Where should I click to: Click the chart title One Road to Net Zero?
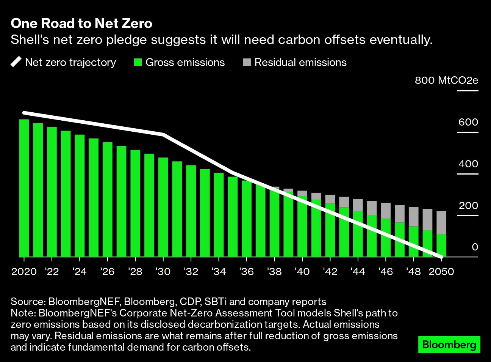click(x=81, y=24)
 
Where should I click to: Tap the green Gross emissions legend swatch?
click(x=138, y=62)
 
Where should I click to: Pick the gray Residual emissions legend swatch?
click(x=247, y=62)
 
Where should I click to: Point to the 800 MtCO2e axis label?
click(x=446, y=80)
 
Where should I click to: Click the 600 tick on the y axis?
click(x=468, y=122)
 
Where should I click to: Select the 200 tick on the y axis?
click(x=468, y=206)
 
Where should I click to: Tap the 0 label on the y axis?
click(x=475, y=247)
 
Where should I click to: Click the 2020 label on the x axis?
click(x=24, y=272)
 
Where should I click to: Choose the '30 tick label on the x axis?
click(x=163, y=272)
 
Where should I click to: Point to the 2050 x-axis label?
click(x=441, y=272)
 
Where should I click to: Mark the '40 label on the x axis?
click(x=302, y=272)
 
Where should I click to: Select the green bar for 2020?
click(x=24, y=188)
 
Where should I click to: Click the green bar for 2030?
click(x=163, y=207)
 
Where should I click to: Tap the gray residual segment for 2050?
click(x=441, y=222)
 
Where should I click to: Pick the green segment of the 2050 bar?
click(x=441, y=246)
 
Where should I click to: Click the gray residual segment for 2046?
click(x=386, y=211)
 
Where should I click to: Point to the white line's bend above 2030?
click(x=163, y=135)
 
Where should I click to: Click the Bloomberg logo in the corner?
click(x=449, y=345)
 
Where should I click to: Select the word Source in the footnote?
click(x=27, y=302)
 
